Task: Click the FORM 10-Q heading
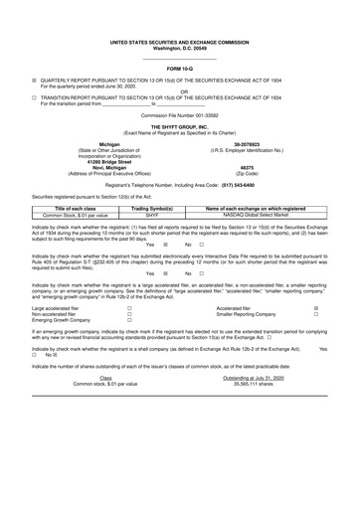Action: click(180, 68)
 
